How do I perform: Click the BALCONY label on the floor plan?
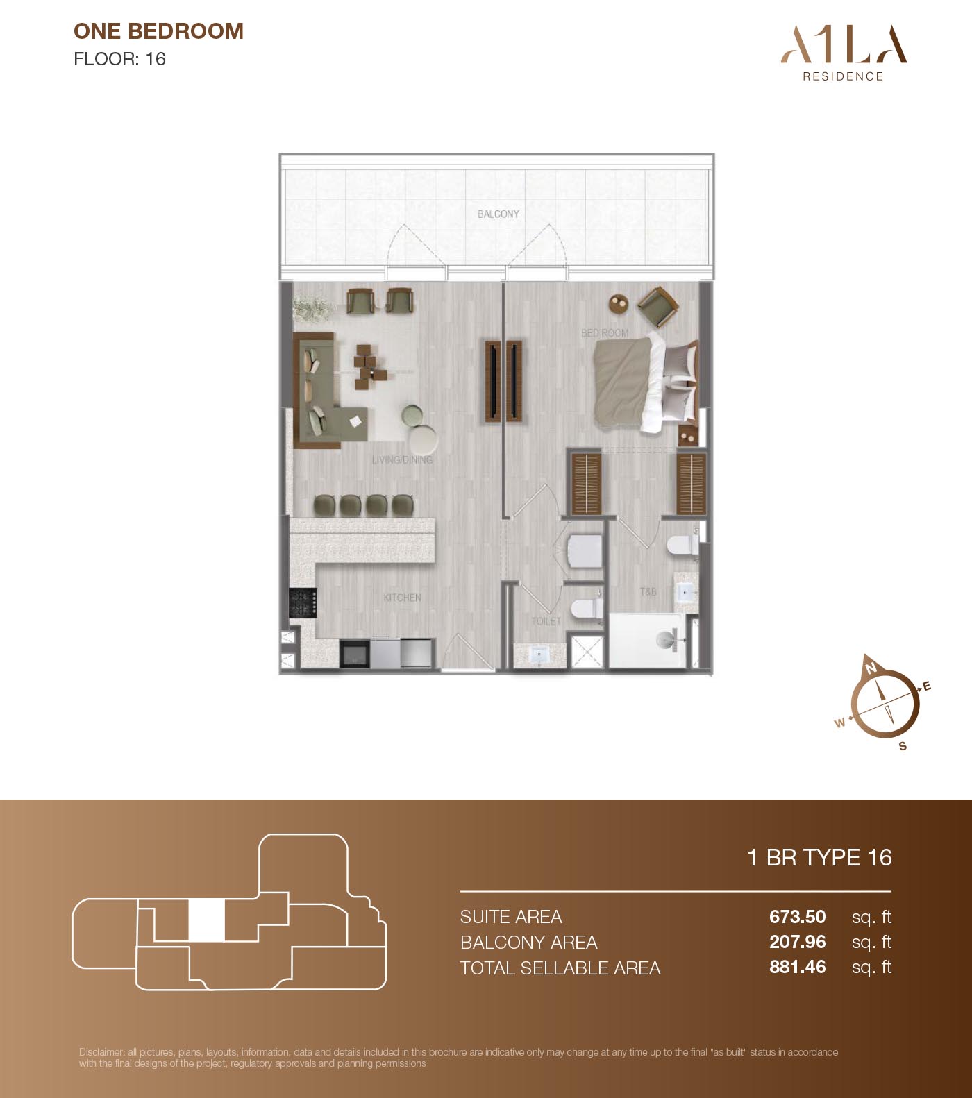point(498,214)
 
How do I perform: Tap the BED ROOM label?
point(605,333)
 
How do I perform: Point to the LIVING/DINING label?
point(402,459)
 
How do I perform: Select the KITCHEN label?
point(402,598)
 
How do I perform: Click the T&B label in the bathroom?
point(648,591)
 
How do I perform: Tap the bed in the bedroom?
point(645,382)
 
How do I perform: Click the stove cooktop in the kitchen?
point(303,602)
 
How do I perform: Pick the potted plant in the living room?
point(310,308)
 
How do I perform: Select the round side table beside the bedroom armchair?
point(619,303)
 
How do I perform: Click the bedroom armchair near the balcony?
point(656,307)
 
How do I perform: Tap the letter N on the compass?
point(871,668)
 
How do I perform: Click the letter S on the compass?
point(903,746)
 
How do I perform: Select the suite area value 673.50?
point(798,917)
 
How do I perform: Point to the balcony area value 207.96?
point(798,942)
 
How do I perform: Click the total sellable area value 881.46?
point(798,967)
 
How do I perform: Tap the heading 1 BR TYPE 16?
point(819,858)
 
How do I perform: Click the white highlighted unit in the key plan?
point(207,920)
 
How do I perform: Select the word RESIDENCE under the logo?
point(843,76)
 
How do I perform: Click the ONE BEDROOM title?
point(158,31)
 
